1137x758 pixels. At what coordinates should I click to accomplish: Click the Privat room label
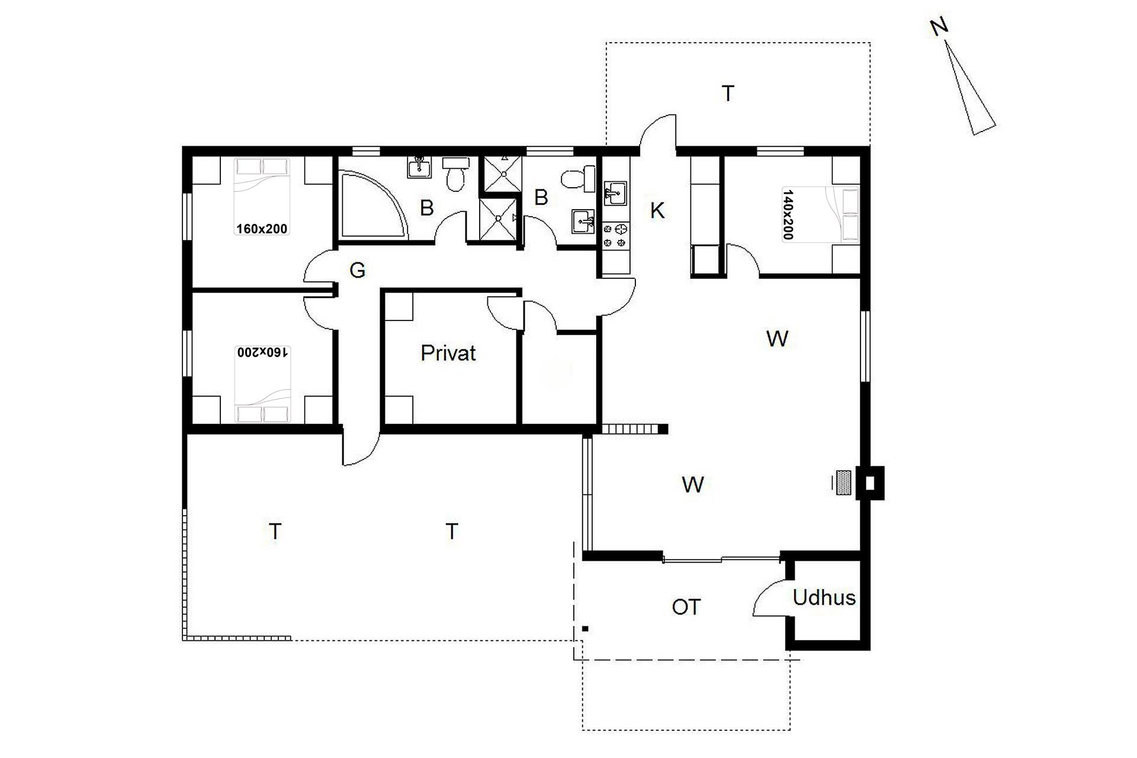point(448,353)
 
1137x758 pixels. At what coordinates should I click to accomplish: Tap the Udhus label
point(824,598)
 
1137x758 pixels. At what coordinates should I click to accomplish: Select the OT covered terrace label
point(686,607)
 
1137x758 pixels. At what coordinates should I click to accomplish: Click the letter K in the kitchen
point(657,210)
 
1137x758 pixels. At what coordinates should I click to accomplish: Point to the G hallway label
point(357,271)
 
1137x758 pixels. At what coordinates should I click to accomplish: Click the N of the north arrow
point(939,28)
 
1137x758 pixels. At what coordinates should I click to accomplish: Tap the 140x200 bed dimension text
point(787,214)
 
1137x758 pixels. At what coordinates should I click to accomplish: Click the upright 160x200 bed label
point(262,229)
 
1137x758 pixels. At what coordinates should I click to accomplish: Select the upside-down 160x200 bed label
point(262,352)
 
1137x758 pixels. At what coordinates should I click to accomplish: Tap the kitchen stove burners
point(616,235)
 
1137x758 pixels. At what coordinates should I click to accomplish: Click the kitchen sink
point(615,194)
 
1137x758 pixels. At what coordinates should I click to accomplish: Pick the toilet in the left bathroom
point(455,174)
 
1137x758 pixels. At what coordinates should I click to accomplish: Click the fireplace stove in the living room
point(843,483)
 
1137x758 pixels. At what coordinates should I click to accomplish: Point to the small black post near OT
point(585,628)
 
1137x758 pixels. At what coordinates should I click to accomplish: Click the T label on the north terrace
point(728,94)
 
